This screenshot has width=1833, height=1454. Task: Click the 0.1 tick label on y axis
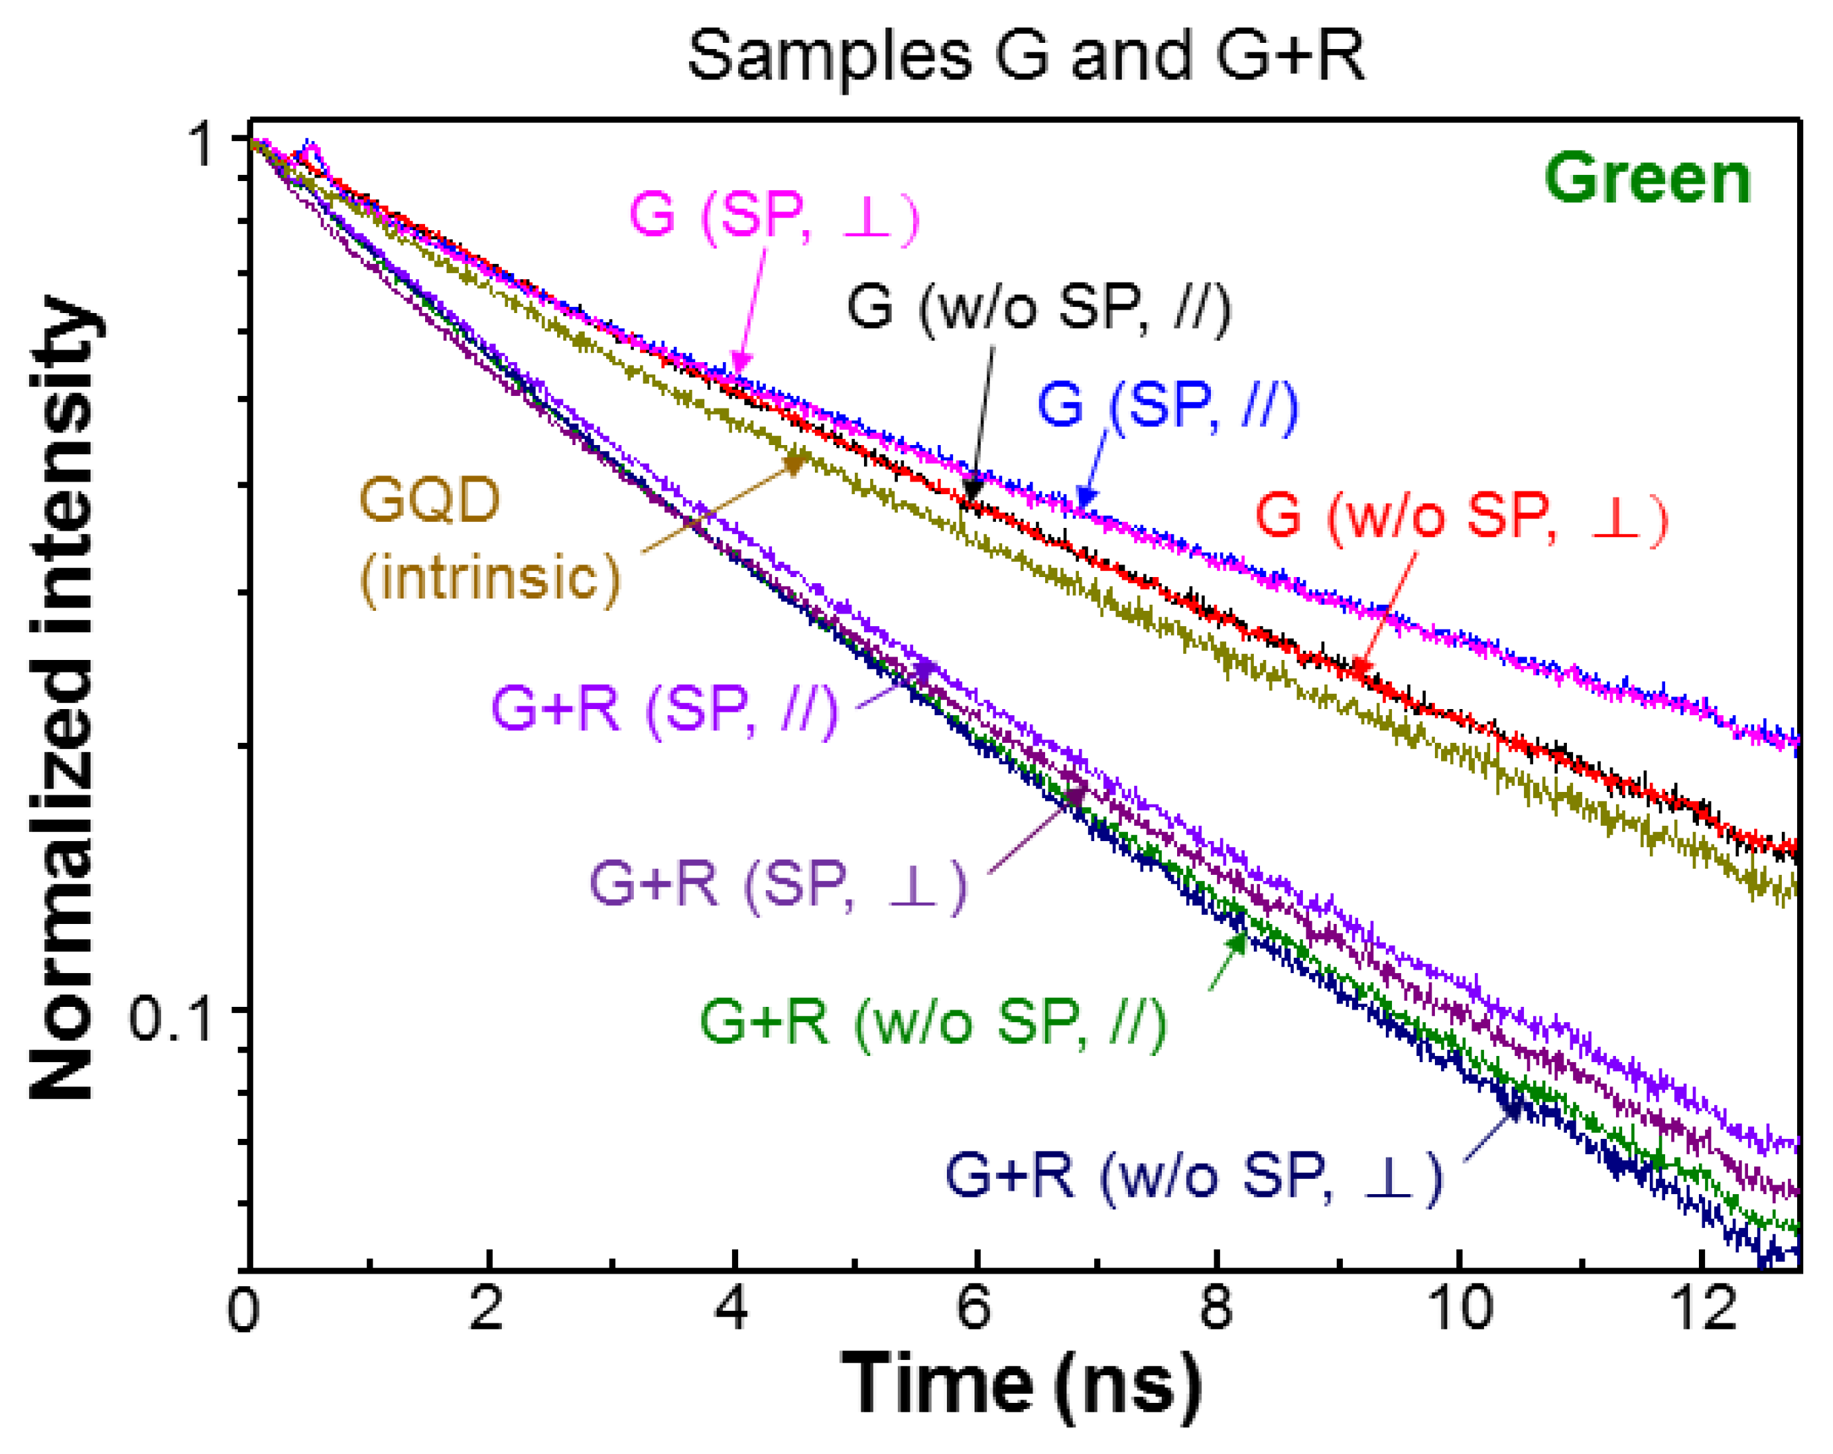coord(170,1018)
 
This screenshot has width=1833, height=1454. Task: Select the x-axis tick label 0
coord(243,1310)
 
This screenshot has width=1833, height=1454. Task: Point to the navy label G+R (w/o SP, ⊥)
coord(1194,1176)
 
